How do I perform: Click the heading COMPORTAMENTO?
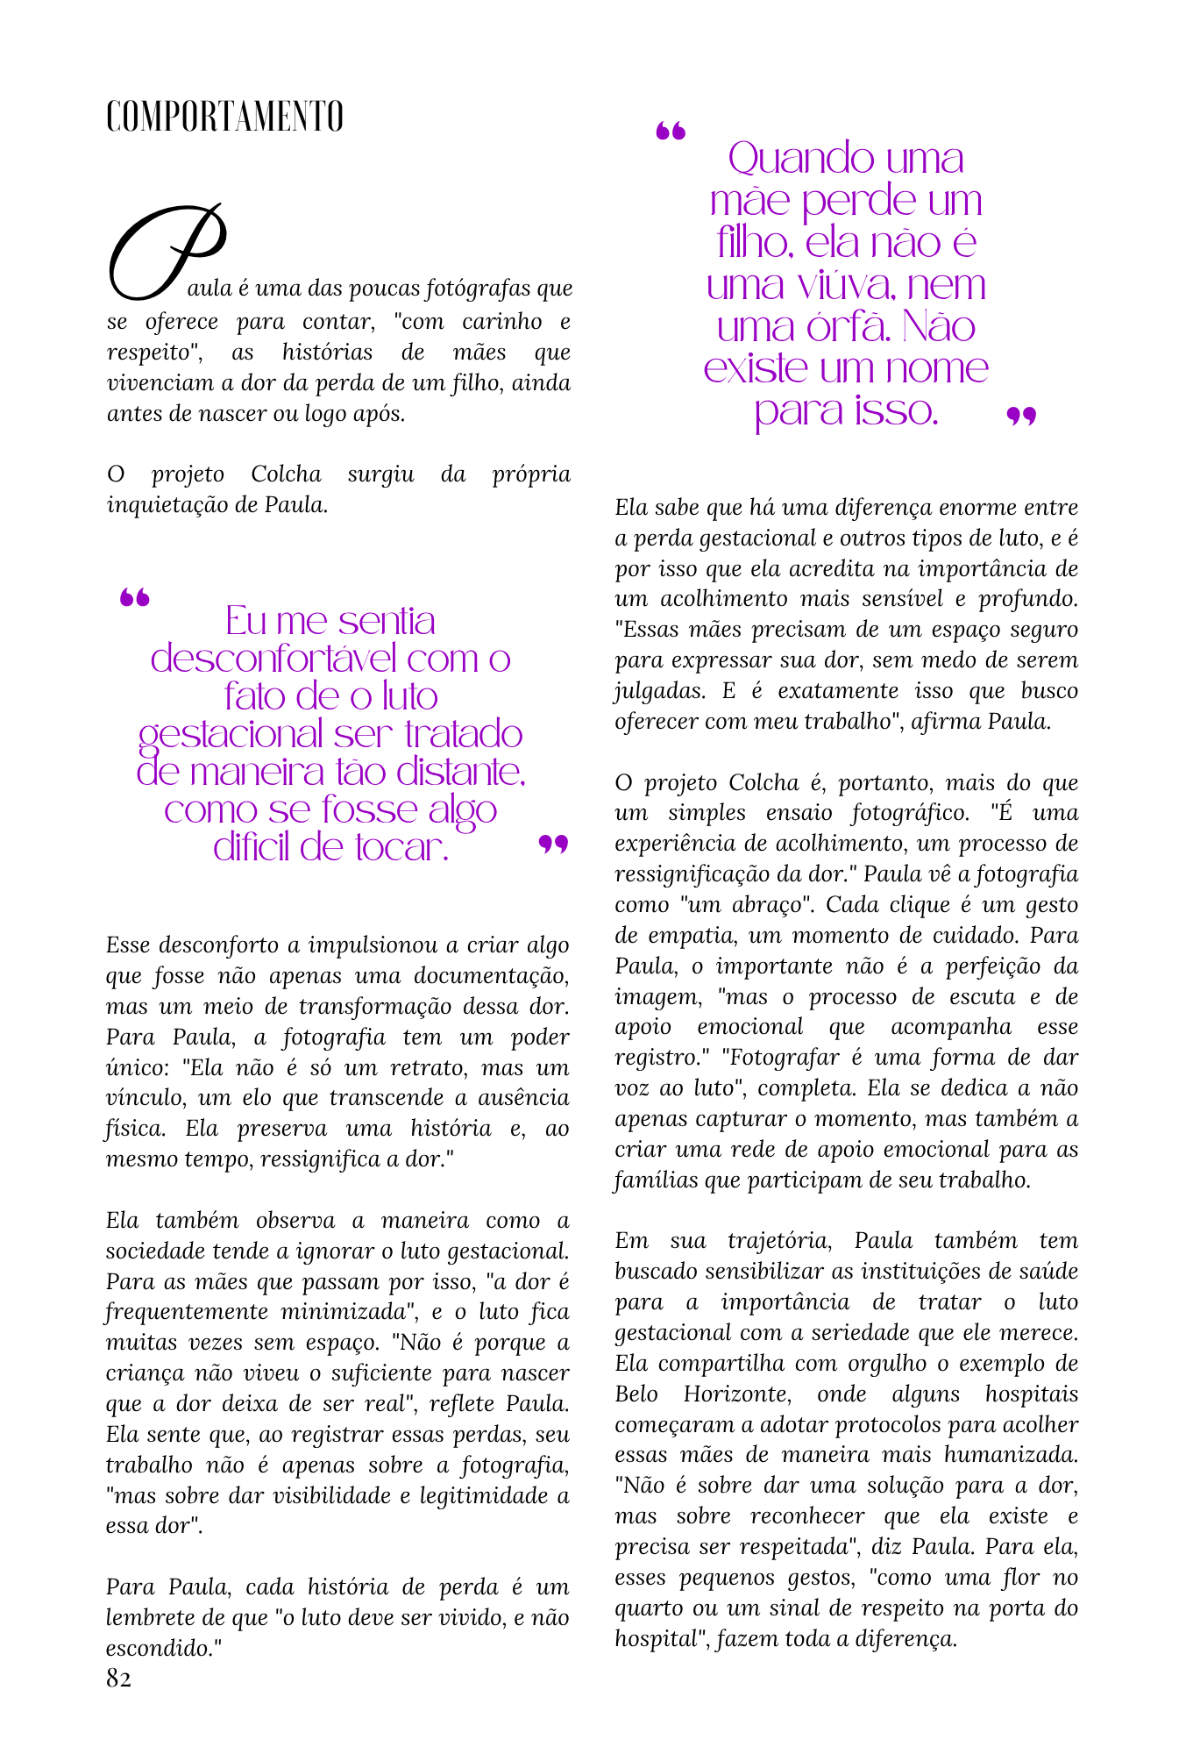click(x=224, y=117)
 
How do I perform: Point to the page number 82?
click(x=118, y=1679)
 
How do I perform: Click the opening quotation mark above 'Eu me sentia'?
click(x=135, y=598)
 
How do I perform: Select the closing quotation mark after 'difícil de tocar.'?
click(x=553, y=844)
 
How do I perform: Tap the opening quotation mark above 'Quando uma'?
click(x=671, y=132)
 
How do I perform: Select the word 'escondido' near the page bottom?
click(x=158, y=1648)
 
